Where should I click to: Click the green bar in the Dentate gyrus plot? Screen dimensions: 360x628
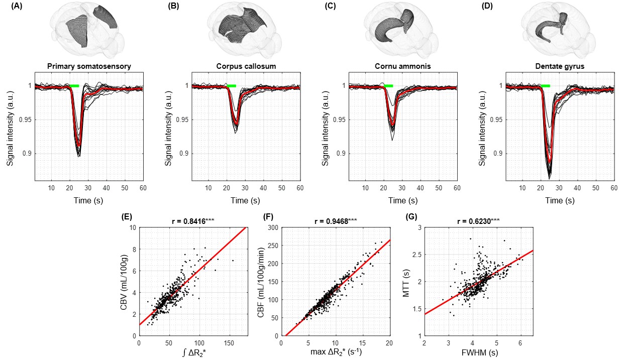(546, 86)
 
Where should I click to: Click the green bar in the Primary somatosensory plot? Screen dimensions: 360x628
(74, 86)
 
